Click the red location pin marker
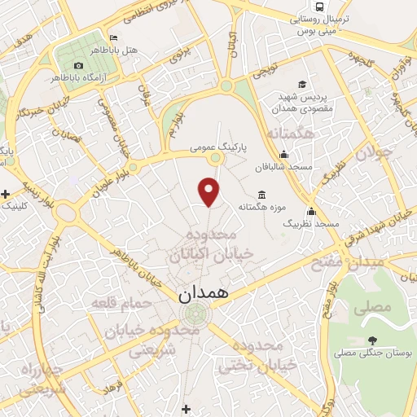(x=210, y=191)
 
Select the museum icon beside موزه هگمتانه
(x=261, y=194)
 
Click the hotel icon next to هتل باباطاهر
(x=112, y=38)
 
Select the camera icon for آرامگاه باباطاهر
(x=78, y=65)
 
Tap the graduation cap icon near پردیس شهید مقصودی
(x=302, y=85)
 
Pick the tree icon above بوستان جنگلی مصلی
(x=373, y=340)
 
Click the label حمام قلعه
(x=122, y=303)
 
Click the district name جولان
(x=378, y=152)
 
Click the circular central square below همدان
(x=194, y=314)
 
